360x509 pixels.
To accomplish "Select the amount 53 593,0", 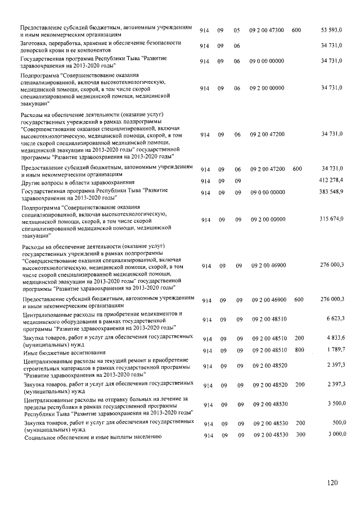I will [332, 29].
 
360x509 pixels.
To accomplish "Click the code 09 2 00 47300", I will [267, 29].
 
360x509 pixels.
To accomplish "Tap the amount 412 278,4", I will [331, 179].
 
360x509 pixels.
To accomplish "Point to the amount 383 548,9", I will [331, 192].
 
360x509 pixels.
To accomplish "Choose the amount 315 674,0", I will [331, 219].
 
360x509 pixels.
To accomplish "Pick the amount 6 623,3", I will [335, 319].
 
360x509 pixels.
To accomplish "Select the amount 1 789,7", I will [335, 349].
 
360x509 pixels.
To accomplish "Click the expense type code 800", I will [299, 350].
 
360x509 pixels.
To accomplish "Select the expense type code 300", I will [299, 435].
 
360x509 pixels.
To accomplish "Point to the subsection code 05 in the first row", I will [237, 29].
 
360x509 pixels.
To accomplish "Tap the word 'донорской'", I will [35, 49].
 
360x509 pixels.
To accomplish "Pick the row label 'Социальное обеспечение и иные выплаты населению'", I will [92, 436].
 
